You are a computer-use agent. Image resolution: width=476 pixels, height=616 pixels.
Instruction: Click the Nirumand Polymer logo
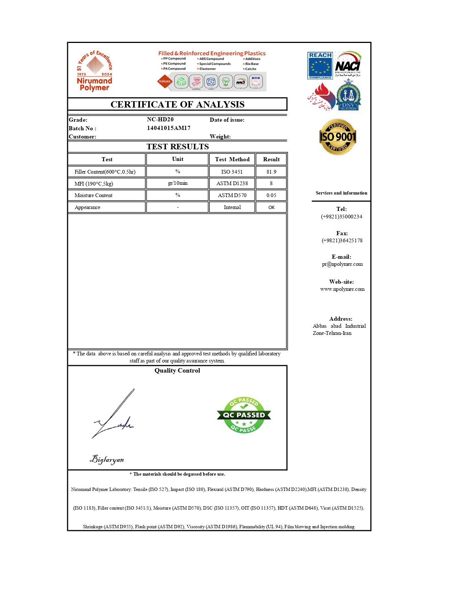[95, 71]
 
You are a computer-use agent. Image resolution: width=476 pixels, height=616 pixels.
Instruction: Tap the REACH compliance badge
[320, 66]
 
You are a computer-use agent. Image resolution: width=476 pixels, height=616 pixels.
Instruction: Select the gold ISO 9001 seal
[338, 137]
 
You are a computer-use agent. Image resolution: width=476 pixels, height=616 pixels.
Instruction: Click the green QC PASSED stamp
[244, 415]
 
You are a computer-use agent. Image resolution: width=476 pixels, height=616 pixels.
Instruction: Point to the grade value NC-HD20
[160, 119]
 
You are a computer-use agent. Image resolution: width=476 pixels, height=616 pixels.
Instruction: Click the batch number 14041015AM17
[168, 128]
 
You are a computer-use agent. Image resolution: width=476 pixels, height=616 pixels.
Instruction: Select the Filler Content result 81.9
[271, 172]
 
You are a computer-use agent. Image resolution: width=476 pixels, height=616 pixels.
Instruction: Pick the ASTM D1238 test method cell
[232, 183]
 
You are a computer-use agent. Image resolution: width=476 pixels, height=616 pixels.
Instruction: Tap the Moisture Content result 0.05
[271, 195]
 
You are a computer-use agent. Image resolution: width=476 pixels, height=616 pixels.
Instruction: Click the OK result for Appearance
[271, 207]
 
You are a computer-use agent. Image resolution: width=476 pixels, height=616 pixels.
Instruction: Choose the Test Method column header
[232, 159]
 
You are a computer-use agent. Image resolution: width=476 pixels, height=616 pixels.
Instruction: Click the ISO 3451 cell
[232, 172]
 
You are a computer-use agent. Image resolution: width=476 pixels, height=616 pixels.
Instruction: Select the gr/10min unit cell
[178, 183]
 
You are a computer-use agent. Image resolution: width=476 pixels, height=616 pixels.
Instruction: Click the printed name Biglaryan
[107, 459]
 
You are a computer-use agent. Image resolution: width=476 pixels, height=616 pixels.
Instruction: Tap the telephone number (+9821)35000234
[342, 217]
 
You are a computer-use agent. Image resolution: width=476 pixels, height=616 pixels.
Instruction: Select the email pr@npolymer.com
[342, 264]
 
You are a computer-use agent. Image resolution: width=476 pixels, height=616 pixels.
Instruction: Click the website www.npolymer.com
[342, 289]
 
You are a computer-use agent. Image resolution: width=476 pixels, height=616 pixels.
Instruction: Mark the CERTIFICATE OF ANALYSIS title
[177, 104]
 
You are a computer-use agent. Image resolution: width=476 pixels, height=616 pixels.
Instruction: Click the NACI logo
[348, 65]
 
